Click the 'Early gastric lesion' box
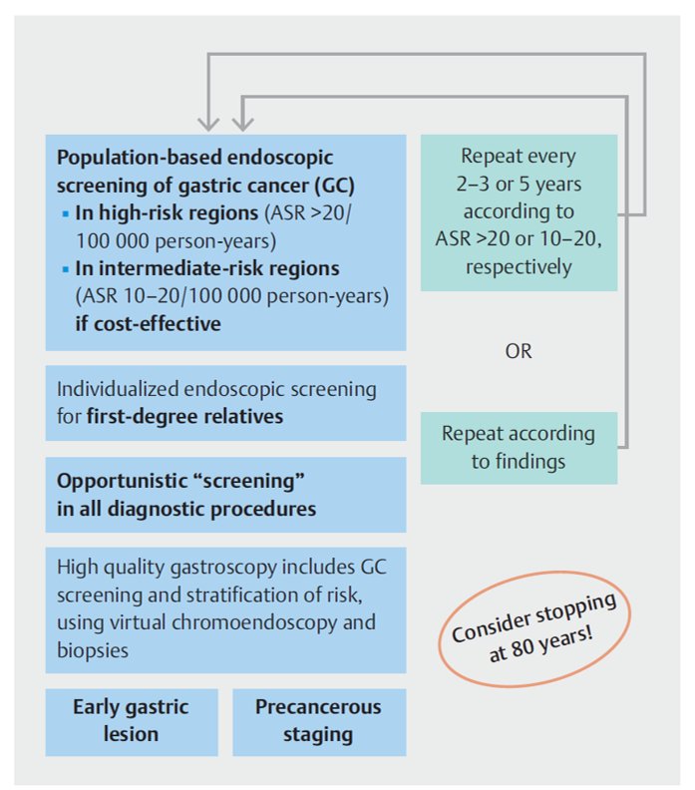coord(131,720)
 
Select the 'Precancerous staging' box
coord(318,720)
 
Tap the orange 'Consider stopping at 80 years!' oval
coord(532,629)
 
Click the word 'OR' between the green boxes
coord(519,351)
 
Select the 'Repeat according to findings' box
coord(519,447)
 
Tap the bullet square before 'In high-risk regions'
coord(65,214)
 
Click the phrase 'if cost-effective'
coord(148,323)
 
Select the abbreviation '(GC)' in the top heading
coord(332,186)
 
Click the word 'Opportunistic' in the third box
coord(119,482)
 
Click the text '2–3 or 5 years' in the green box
coord(519,185)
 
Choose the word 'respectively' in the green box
coord(519,266)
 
